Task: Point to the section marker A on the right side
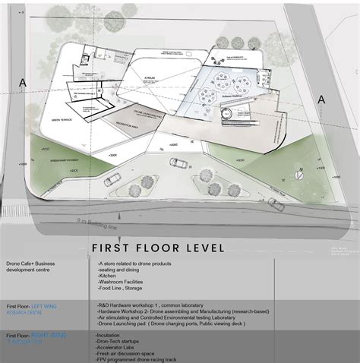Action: (321, 99)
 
